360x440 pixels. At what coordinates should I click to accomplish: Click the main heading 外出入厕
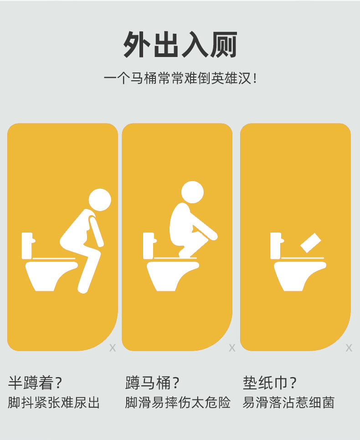point(180,44)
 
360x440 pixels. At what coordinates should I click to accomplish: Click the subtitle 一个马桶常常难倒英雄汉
point(180,78)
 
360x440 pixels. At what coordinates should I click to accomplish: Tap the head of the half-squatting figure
point(99,200)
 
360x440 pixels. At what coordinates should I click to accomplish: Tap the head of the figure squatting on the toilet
point(192,192)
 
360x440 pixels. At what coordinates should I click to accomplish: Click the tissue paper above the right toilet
point(311,243)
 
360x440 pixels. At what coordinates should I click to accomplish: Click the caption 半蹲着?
point(36,383)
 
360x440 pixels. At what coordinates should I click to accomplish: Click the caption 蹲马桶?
point(153,383)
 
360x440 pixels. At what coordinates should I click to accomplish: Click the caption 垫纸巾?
point(270,383)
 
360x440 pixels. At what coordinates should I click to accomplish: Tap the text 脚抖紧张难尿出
point(54,403)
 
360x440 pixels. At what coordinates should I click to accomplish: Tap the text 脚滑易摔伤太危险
point(178,403)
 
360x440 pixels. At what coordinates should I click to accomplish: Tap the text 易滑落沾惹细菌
point(288,403)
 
